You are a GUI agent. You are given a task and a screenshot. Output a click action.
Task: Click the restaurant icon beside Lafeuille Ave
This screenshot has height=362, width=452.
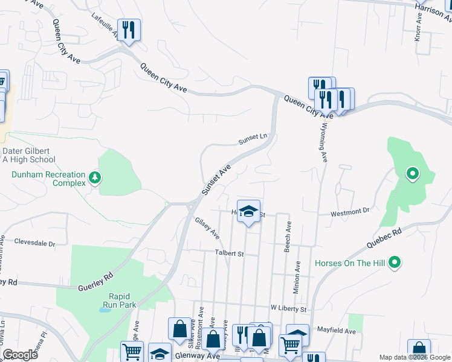(x=128, y=29)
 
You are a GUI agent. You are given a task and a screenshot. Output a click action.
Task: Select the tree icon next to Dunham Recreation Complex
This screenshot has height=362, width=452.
(x=94, y=177)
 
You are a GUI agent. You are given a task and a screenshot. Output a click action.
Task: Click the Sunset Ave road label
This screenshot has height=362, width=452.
(x=216, y=179)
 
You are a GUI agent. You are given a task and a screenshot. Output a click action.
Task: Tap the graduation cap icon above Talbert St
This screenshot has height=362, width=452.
(x=248, y=211)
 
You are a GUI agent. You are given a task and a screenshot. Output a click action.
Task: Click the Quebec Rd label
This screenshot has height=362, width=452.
(x=384, y=239)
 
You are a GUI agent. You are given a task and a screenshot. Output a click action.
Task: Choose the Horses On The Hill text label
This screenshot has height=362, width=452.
(x=350, y=263)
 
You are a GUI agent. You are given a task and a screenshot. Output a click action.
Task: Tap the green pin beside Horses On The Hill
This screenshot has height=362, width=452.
(x=395, y=262)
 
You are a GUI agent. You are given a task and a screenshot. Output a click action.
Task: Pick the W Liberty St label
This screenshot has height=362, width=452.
(x=289, y=308)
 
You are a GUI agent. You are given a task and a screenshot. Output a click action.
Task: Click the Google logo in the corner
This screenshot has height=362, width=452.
(x=20, y=354)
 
